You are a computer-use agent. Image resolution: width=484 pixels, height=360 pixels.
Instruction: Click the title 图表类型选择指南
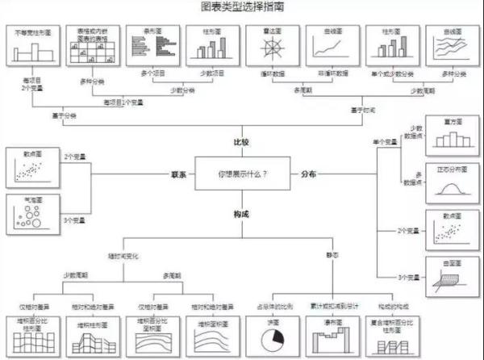[241, 7]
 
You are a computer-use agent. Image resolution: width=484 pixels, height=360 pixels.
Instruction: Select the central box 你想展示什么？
[242, 174]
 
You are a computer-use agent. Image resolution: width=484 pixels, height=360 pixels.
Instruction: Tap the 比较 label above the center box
[241, 142]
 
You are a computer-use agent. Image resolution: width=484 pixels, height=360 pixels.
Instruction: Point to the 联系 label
[178, 174]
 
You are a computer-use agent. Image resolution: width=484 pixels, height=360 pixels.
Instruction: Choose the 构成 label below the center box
[241, 212]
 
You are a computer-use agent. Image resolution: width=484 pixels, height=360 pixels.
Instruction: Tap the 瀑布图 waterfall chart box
[329, 336]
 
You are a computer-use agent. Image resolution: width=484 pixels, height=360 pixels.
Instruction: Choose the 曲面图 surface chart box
[445, 276]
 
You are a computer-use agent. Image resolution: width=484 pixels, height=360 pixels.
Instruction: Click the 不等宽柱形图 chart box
[36, 48]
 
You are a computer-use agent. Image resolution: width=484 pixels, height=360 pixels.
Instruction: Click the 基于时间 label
[365, 110]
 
